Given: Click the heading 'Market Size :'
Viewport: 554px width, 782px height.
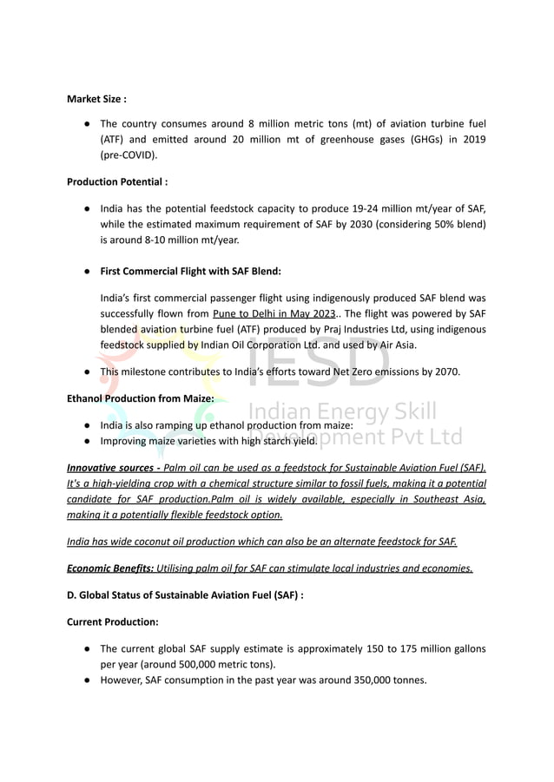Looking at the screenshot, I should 96,99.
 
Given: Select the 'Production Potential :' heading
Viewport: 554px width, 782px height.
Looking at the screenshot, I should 117,182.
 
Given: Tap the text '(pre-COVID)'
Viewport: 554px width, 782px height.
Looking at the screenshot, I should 129,155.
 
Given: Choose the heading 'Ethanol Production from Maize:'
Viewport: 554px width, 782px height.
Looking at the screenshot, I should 141,399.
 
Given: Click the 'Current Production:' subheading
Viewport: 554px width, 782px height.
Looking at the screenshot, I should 113,622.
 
